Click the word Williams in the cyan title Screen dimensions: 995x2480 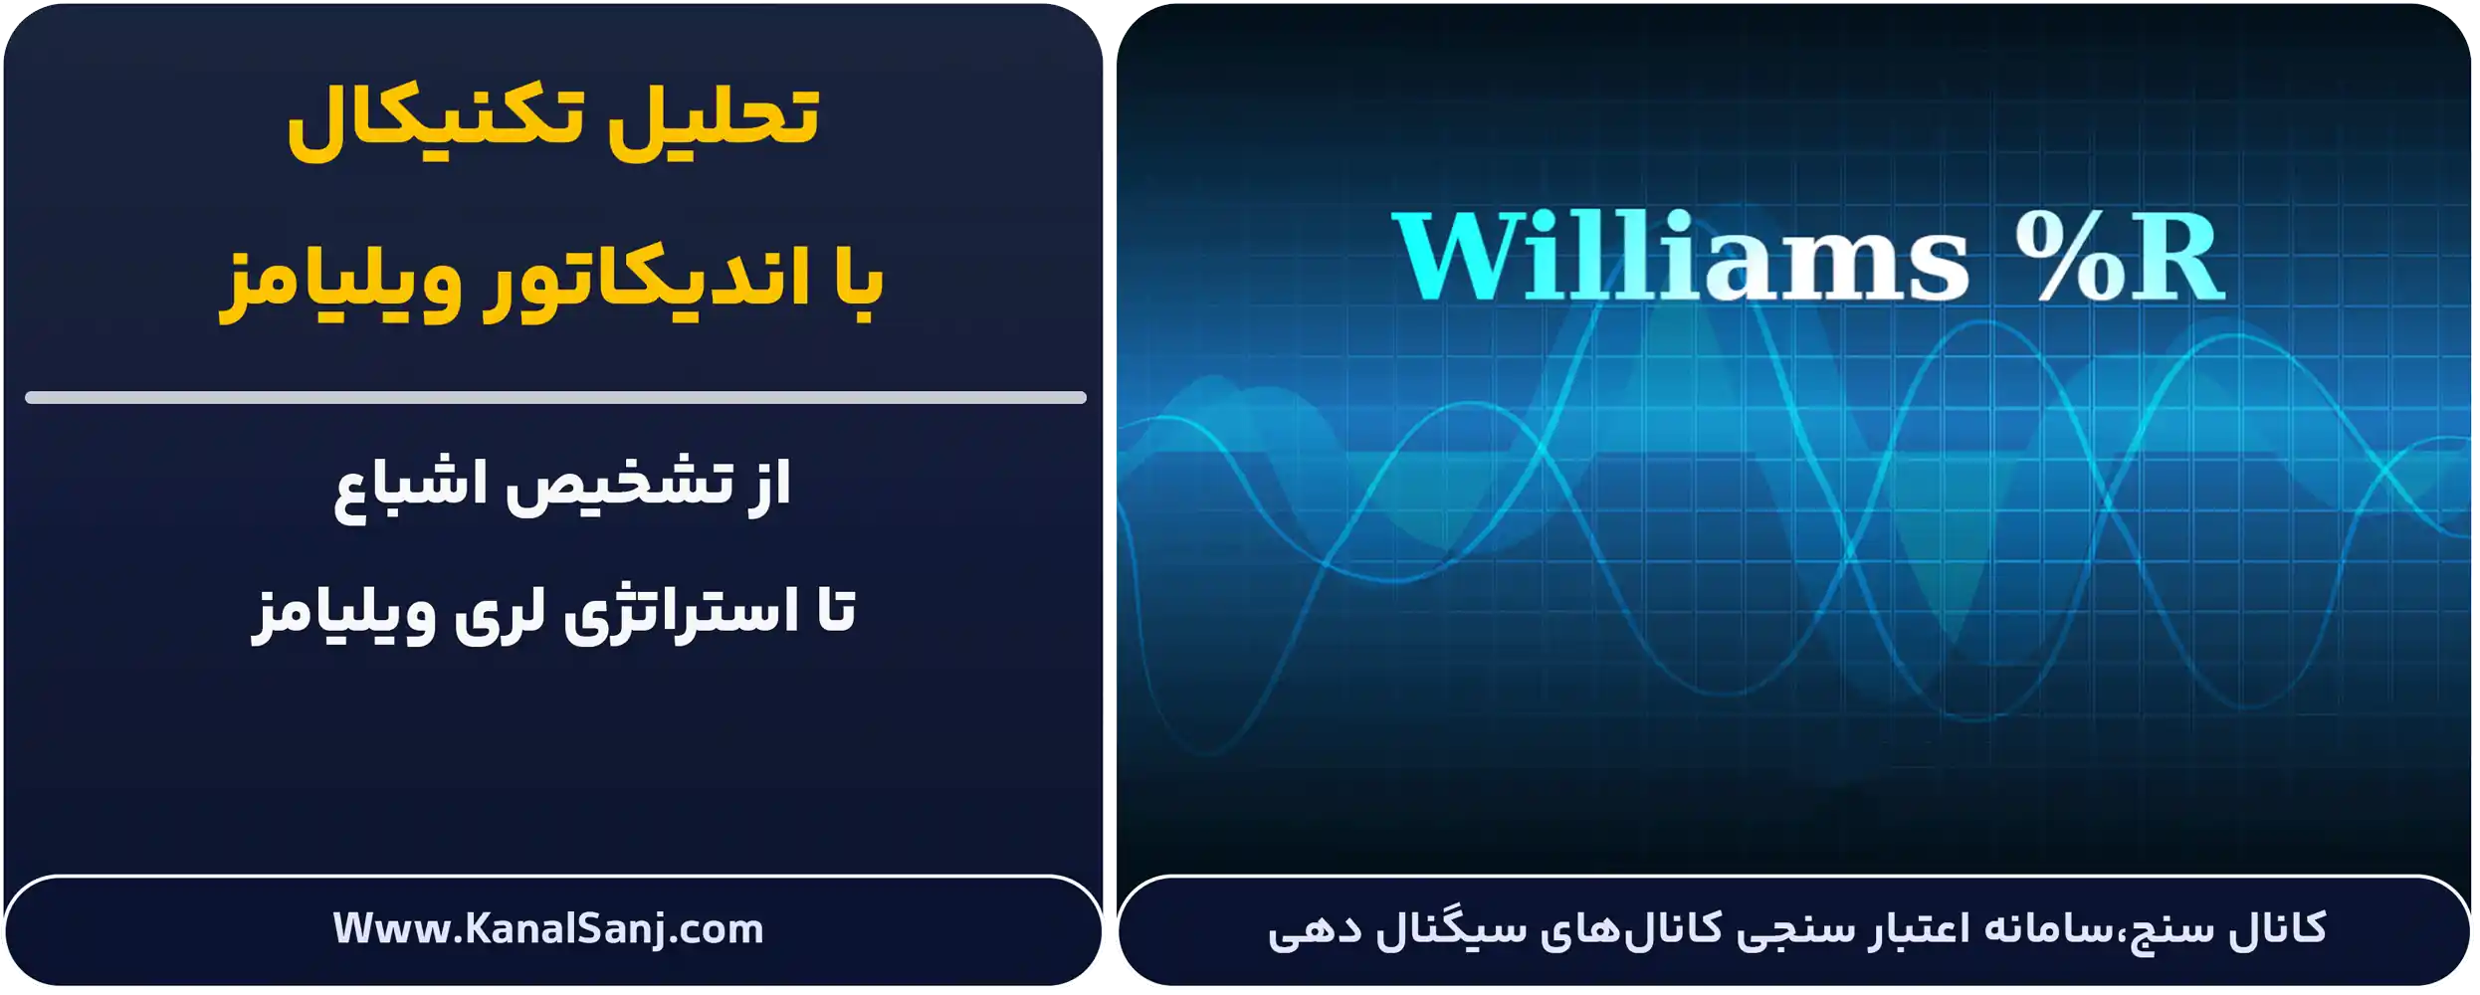pyautogui.click(x=1682, y=257)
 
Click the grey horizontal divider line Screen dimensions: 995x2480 pyautogui.click(x=555, y=397)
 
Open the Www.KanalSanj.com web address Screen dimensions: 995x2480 pyautogui.click(x=548, y=928)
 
